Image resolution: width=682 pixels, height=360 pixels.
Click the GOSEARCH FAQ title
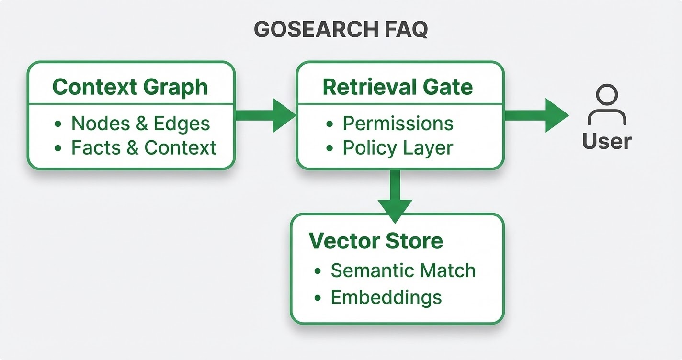(x=341, y=30)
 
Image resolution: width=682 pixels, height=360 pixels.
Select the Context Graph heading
(x=130, y=87)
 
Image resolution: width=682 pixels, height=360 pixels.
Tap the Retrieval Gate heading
(x=398, y=87)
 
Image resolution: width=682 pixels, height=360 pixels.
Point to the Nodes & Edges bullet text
(x=140, y=124)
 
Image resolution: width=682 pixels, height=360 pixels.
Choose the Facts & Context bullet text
(x=144, y=148)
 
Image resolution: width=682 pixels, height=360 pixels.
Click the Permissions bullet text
(x=398, y=124)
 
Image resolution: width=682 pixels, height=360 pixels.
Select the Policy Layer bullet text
(x=398, y=148)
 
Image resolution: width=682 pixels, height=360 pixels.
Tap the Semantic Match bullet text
(x=403, y=270)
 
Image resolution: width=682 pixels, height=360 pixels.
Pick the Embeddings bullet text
(x=386, y=297)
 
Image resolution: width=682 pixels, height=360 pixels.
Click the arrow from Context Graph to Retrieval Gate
(x=266, y=115)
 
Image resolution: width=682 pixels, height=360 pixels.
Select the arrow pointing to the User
(x=536, y=115)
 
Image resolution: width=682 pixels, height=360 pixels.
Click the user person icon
(x=607, y=105)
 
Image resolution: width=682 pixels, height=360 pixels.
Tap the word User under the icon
(x=607, y=141)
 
